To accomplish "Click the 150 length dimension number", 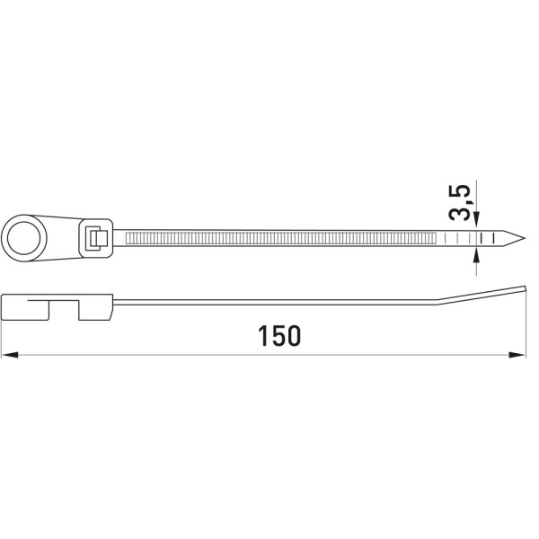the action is (279, 336).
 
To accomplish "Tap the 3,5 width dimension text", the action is (460, 203).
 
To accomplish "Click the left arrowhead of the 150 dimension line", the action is (10, 355).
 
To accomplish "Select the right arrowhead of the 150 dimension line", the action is (517, 355).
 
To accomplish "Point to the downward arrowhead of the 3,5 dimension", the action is (476, 220).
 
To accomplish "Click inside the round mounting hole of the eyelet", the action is (23, 238).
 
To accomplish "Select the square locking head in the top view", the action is (96, 238).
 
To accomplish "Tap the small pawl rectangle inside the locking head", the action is (98, 238).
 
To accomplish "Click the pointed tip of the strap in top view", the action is (525, 238).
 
